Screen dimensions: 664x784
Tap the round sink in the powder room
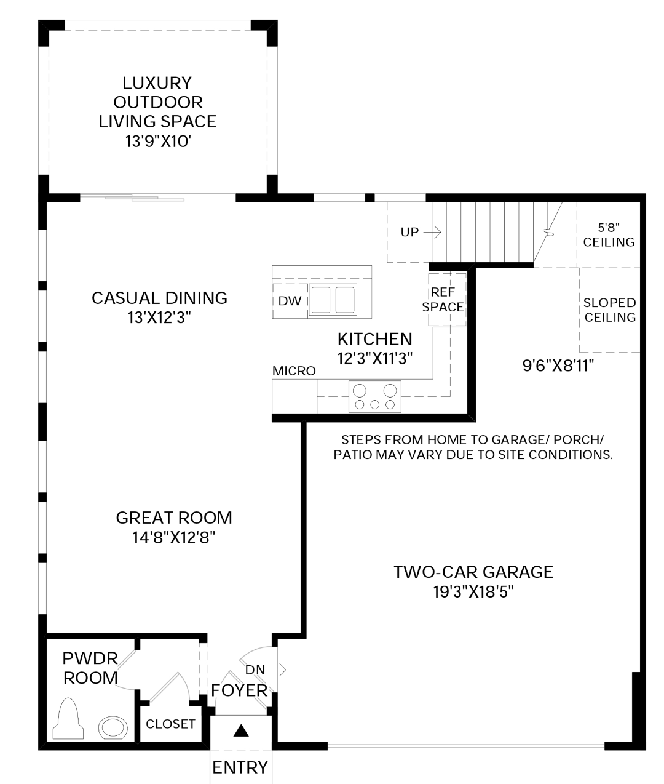pos(113,727)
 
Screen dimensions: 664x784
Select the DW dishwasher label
pos(290,301)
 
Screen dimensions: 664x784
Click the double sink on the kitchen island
pos(333,300)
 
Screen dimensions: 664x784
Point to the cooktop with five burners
pos(375,396)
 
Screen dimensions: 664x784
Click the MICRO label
pos(294,371)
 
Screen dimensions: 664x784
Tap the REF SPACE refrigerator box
pos(447,300)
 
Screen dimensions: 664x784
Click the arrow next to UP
pos(432,232)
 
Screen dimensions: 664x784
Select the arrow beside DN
pos(277,670)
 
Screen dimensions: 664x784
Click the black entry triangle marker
pos(240,730)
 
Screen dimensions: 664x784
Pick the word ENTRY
pos(240,767)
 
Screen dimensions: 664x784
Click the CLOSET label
pos(170,724)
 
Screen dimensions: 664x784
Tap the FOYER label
pos(240,690)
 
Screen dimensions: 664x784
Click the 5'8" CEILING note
pos(609,235)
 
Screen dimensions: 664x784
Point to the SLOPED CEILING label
pos(610,310)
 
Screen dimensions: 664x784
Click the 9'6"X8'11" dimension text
pos(558,366)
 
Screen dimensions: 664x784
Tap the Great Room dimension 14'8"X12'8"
pos(173,537)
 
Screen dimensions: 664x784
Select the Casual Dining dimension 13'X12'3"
pos(159,318)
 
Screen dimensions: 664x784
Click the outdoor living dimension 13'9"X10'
pos(158,142)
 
